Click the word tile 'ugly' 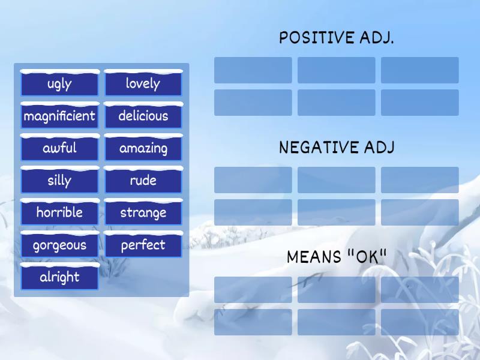59,83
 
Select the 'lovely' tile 143,83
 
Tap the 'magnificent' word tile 59,116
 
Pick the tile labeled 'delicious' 143,116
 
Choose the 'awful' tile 59,148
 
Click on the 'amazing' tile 143,148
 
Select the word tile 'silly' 59,181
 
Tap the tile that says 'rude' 143,181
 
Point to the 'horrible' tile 59,212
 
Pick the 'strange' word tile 143,212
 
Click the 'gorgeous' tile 59,245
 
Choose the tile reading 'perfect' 143,245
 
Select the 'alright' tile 59,277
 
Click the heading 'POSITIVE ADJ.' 337,38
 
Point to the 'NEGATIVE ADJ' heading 337,148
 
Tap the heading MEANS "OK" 337,257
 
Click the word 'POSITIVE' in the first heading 317,38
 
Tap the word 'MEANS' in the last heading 314,257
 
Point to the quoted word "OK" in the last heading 367,257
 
